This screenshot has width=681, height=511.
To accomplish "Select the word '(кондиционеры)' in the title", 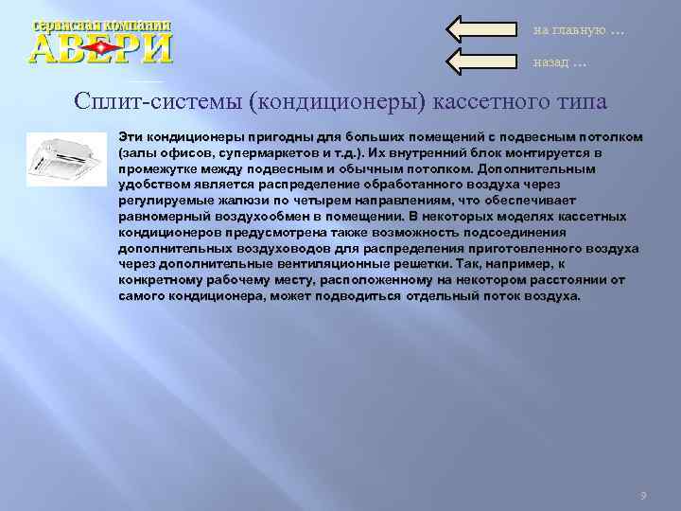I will pyautogui.click(x=331, y=100).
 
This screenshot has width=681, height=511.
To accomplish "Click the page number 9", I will pyautogui.click(x=643, y=496).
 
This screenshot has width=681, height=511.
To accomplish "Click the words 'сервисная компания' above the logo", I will pyautogui.click(x=101, y=26).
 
